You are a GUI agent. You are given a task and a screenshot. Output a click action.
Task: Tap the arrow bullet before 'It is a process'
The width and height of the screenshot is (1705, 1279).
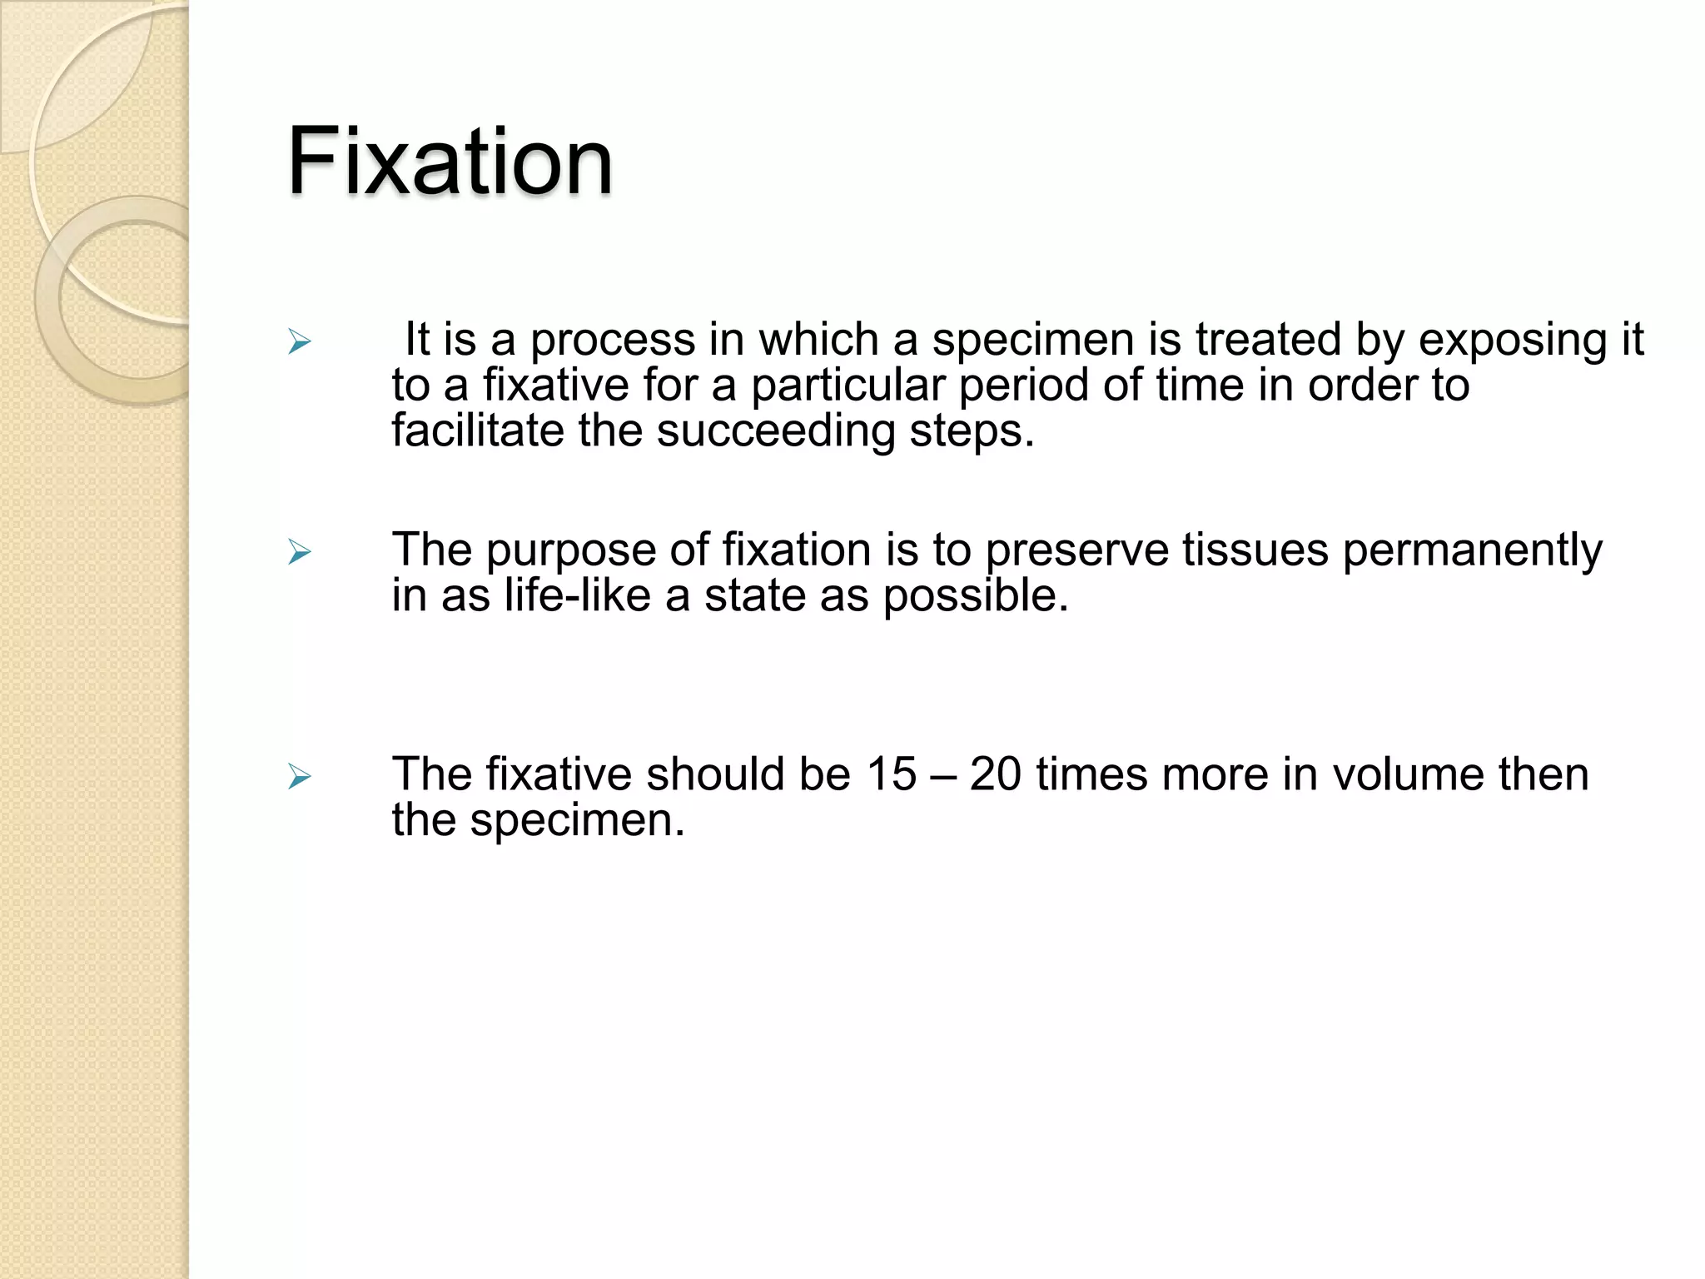(x=299, y=341)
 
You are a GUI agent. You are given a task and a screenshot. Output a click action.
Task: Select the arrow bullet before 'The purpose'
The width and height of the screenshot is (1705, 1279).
(x=299, y=551)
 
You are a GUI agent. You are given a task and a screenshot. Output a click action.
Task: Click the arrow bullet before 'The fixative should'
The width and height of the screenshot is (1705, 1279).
(x=299, y=777)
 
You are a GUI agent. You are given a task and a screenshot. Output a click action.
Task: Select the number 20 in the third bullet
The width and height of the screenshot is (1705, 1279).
(x=995, y=774)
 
